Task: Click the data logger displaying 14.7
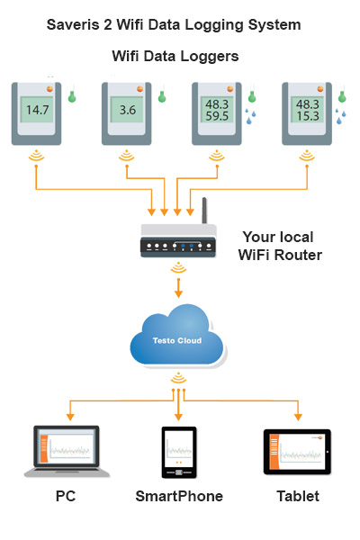[38, 112]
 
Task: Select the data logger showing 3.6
[127, 112]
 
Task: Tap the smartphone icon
[179, 453]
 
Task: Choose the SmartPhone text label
[179, 496]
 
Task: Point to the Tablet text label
[297, 496]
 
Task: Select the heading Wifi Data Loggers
[175, 56]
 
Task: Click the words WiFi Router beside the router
[280, 255]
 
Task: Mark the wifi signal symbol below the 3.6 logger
[127, 157]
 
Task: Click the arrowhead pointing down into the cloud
[179, 293]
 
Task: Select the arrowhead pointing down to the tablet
[297, 417]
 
